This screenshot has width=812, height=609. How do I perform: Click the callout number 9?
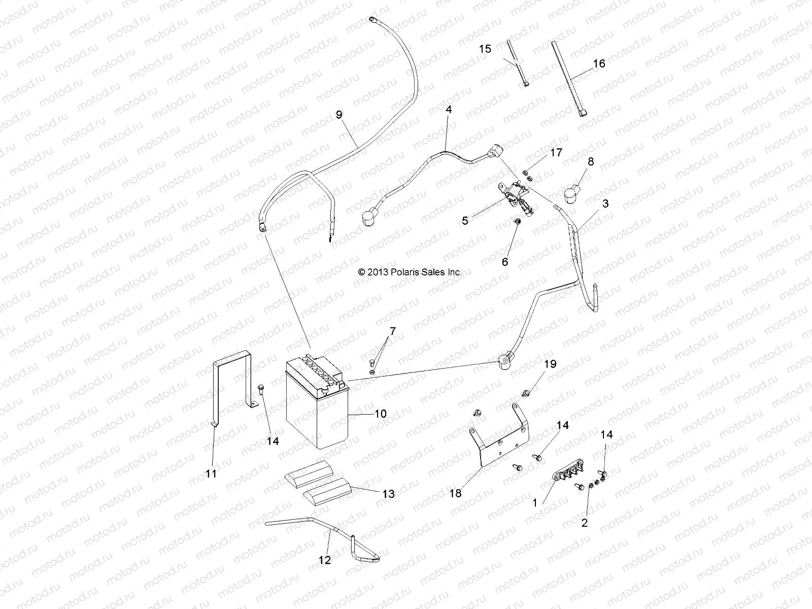coord(353,115)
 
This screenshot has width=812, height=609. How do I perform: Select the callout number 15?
coord(485,49)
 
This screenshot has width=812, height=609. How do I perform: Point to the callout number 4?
coord(448,109)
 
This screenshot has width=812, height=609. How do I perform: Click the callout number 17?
coord(556,152)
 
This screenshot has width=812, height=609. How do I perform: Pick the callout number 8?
coord(590,162)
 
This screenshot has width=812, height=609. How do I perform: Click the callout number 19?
coord(550,364)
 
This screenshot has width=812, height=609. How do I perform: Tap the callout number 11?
coord(211,473)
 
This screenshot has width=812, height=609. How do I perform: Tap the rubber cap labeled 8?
coord(575,194)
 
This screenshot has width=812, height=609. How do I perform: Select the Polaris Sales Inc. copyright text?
coord(410,272)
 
